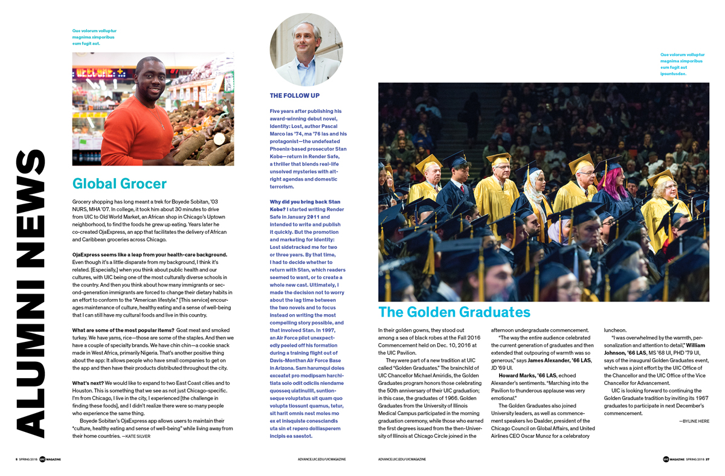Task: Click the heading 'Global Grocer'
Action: point(119,183)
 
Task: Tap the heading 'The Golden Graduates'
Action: point(454,312)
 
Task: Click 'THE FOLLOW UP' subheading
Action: point(295,95)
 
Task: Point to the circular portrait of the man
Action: point(306,49)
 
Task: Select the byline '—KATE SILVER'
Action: point(136,436)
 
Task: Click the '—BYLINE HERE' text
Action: point(694,421)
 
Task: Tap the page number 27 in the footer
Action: point(707,459)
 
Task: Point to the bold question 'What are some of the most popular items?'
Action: point(123,330)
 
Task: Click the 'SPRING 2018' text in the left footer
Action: point(28,459)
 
